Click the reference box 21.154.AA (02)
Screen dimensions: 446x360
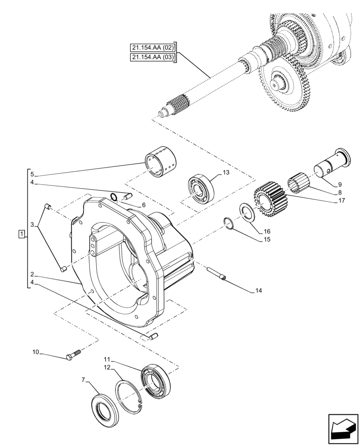click(153, 47)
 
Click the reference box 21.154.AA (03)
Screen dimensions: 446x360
click(153, 57)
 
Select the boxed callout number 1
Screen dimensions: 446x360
click(21, 234)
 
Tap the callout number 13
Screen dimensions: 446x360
click(227, 173)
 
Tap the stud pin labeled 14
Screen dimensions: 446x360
click(217, 273)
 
